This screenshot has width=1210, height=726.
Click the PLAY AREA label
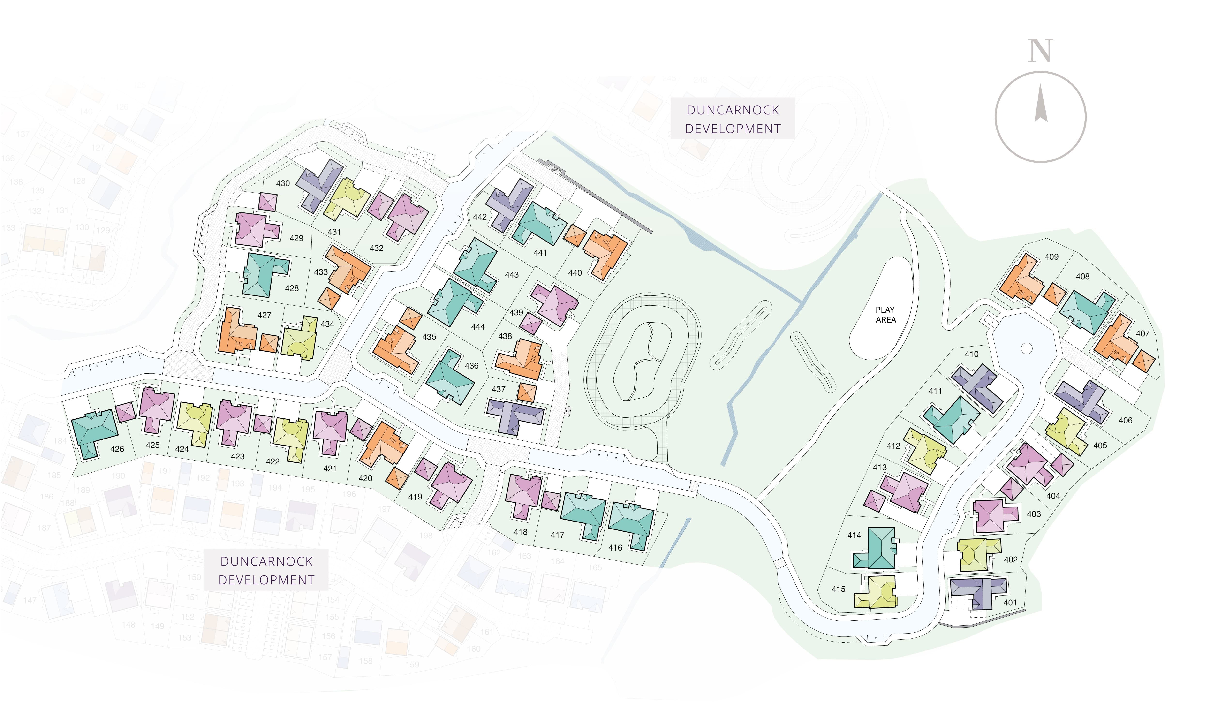pos(885,315)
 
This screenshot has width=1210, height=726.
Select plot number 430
pos(283,183)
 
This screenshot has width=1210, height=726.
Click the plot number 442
pos(480,217)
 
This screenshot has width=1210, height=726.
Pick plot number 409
pos(1051,257)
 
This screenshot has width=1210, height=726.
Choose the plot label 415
pos(838,589)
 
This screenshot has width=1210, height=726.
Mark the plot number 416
pos(615,547)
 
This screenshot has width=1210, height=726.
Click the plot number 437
pos(498,389)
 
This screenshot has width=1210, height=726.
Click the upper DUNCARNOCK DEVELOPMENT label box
pos(732,119)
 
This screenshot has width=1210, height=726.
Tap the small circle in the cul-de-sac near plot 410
pos(1027,348)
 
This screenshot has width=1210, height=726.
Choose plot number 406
pos(1125,420)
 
